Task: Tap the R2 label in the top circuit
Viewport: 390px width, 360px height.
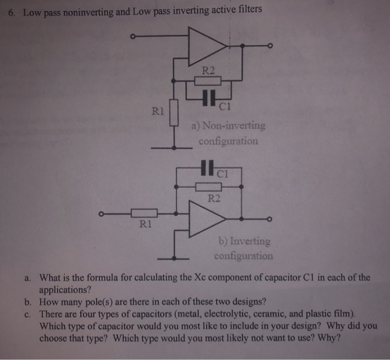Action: (x=207, y=70)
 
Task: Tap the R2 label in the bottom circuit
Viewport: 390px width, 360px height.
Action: (x=214, y=197)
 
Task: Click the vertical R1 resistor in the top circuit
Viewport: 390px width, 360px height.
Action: (x=174, y=113)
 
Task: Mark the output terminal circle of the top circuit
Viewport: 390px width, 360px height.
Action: (x=270, y=46)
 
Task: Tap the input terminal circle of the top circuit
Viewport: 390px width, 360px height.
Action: (x=132, y=37)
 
